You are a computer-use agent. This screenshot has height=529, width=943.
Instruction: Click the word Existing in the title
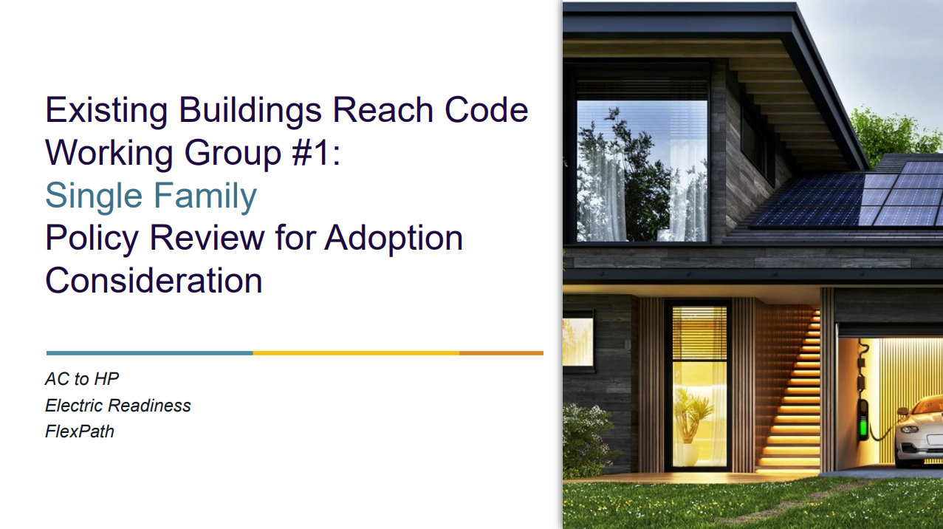[x=106, y=111]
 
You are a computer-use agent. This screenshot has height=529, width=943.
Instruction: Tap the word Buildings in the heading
[x=250, y=111]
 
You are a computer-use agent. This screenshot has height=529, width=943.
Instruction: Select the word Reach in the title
[x=383, y=110]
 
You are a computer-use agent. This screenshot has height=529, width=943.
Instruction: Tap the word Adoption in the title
[x=394, y=239]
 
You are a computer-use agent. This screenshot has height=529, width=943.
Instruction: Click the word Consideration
[x=154, y=281]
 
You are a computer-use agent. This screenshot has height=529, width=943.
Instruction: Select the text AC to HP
[x=82, y=379]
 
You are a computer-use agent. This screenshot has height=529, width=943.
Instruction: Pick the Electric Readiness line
[x=118, y=406]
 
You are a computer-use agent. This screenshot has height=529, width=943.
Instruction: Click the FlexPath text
[x=80, y=431]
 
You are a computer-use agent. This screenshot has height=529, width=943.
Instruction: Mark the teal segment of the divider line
[x=149, y=353]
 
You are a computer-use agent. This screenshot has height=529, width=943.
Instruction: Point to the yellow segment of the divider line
[x=356, y=353]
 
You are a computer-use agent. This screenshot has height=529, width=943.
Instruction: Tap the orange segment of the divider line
[x=501, y=353]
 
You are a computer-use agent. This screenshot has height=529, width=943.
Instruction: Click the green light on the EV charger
[x=863, y=426]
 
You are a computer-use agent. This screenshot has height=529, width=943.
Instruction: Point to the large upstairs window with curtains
[x=642, y=171]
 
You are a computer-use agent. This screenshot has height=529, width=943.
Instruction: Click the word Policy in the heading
[x=92, y=239]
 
